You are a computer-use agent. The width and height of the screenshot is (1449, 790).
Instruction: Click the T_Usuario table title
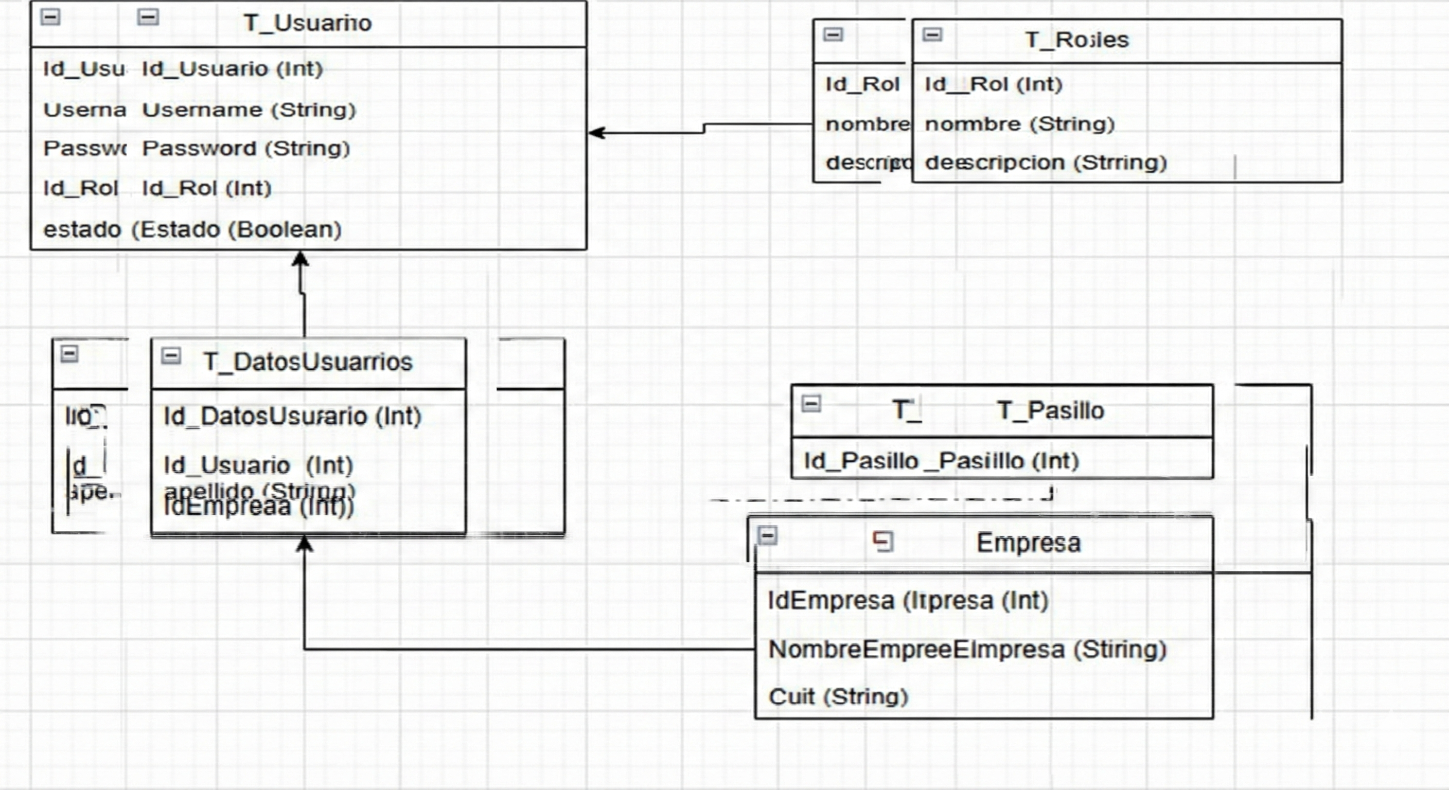[x=307, y=23]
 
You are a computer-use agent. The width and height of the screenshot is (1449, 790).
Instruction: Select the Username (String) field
[x=249, y=110]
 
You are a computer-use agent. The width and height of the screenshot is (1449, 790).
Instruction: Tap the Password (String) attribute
[x=246, y=149]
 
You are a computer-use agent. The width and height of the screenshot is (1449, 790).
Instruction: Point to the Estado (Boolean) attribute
[x=236, y=229]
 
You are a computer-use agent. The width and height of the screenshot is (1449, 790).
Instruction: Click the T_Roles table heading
[x=1076, y=40]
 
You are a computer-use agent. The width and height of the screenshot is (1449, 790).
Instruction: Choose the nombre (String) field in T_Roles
[x=1019, y=124]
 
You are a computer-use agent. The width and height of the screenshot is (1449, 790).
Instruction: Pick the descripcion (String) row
[x=1046, y=163]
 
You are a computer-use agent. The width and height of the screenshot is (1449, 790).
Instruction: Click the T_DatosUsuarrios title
[x=308, y=362]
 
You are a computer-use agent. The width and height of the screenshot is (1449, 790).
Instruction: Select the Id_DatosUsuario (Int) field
[x=292, y=416]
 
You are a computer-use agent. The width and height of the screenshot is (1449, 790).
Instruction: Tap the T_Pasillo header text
[x=1050, y=410]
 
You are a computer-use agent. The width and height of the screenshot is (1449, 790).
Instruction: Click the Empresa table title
[x=1028, y=543]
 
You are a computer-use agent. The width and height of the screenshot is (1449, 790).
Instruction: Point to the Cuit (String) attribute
[x=838, y=696]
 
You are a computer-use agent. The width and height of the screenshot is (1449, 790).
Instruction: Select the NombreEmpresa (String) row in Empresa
[x=967, y=650]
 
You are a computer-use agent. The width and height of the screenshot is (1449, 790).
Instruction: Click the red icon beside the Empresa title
[x=882, y=542]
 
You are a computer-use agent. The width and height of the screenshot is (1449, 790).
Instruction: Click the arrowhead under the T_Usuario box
[x=301, y=259]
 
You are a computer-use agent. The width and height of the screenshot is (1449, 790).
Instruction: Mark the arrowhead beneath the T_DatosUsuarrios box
[x=304, y=543]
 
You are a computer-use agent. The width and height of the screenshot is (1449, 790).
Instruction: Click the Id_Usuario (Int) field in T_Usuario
[x=232, y=68]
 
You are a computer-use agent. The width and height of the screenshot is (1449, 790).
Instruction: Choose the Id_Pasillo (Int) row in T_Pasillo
[x=941, y=461]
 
